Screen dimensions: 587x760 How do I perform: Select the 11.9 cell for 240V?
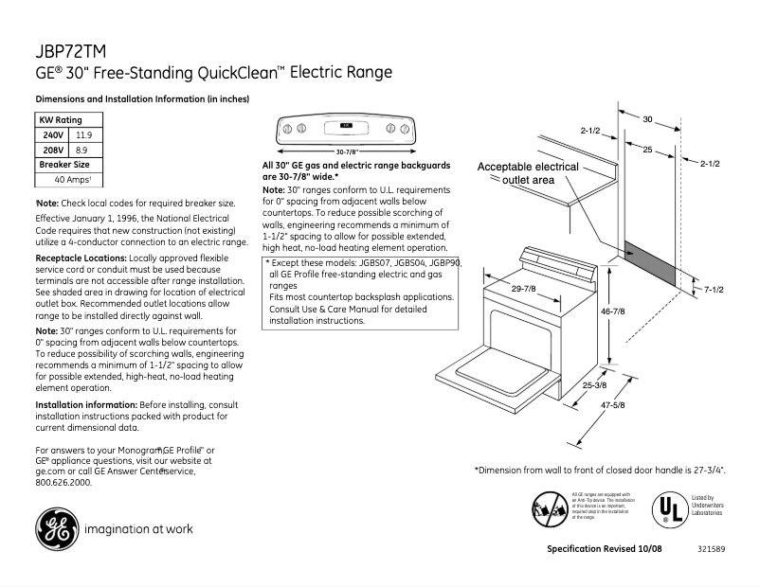84,135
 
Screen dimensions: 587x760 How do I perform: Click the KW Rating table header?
60,120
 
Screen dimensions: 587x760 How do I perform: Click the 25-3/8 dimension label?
594,385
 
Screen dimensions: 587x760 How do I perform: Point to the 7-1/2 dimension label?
713,290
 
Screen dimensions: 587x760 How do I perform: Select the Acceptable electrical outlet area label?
528,173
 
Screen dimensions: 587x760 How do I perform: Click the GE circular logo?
55,528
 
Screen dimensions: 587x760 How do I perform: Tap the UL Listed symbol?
669,507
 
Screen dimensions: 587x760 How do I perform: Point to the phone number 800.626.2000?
63,482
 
